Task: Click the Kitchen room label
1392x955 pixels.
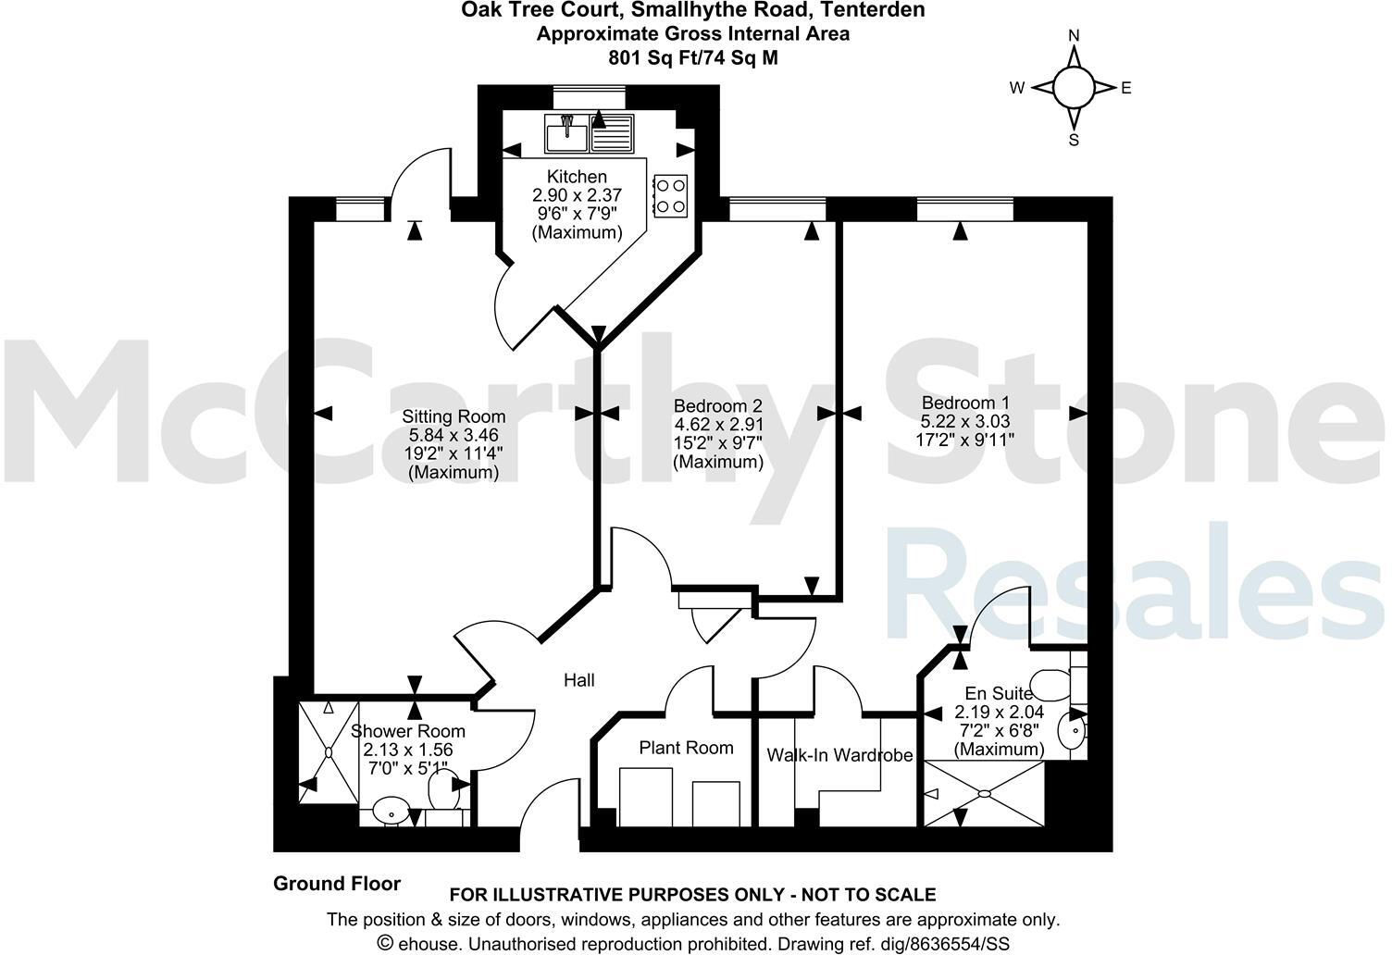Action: pos(577,177)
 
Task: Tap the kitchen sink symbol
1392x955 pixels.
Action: pos(566,135)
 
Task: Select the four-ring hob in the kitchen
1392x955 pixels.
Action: pos(670,195)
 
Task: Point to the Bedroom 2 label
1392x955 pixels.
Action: pos(717,406)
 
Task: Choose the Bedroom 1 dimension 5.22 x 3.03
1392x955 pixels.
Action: pos(965,421)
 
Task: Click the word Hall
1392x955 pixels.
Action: pos(579,680)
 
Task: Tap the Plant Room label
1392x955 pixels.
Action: pos(686,748)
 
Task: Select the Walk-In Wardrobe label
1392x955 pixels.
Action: pos(839,755)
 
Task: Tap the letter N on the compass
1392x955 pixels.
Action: pos(1074,36)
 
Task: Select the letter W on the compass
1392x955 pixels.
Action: pos(1017,89)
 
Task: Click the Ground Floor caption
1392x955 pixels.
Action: pos(337,884)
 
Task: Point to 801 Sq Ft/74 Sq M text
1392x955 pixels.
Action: pos(692,56)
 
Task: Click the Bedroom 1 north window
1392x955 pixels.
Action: pos(965,209)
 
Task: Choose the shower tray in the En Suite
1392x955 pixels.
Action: pos(984,793)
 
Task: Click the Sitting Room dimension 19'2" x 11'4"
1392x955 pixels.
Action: pos(454,453)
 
